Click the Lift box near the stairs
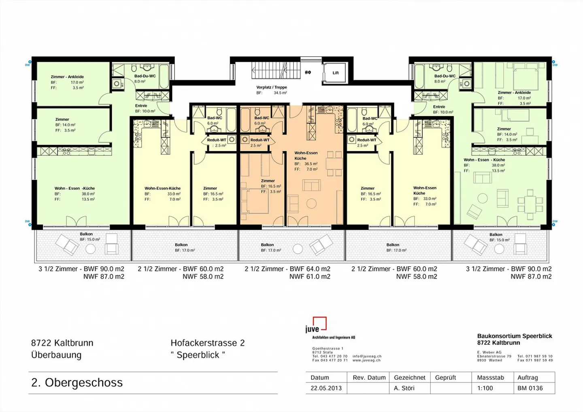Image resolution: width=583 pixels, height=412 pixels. tap(336, 73)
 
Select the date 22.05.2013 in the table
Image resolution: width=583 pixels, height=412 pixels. tap(326, 388)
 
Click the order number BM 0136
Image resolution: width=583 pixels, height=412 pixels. tap(530, 388)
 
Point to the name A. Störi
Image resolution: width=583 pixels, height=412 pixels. tap(404, 388)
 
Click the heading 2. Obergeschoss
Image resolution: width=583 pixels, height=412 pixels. tap(77, 382)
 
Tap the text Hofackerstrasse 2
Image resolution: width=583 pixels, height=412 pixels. tap(207, 343)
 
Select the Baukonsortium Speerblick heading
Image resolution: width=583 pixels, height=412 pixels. tap(514, 336)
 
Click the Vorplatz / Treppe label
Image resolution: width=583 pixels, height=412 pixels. tap(271, 87)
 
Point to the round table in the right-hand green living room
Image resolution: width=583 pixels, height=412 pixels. tap(483, 198)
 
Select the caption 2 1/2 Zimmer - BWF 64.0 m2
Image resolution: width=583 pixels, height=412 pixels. tap(287, 269)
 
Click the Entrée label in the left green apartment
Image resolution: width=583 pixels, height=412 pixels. tap(141, 106)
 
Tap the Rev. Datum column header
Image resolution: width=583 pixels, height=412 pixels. tap(369, 378)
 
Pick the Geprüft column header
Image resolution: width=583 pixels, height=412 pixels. tap(445, 378)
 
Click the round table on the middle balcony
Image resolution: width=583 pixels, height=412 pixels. tap(298, 248)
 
